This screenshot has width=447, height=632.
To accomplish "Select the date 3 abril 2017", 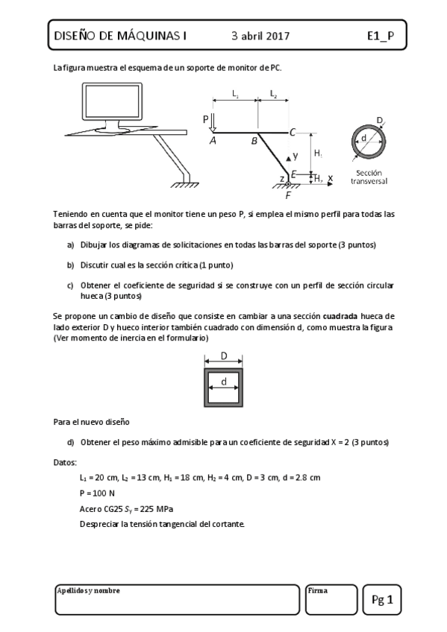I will click(x=260, y=35).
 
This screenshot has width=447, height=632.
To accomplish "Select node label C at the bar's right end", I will click(x=293, y=133).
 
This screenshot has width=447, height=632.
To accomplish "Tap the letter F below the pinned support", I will click(x=288, y=195).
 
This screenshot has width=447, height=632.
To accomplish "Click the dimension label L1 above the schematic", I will click(x=235, y=94).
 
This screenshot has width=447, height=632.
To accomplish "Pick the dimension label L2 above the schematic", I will click(x=273, y=94).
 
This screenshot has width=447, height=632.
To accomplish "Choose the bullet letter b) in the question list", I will click(x=71, y=265).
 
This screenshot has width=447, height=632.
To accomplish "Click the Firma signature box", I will click(x=331, y=600).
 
